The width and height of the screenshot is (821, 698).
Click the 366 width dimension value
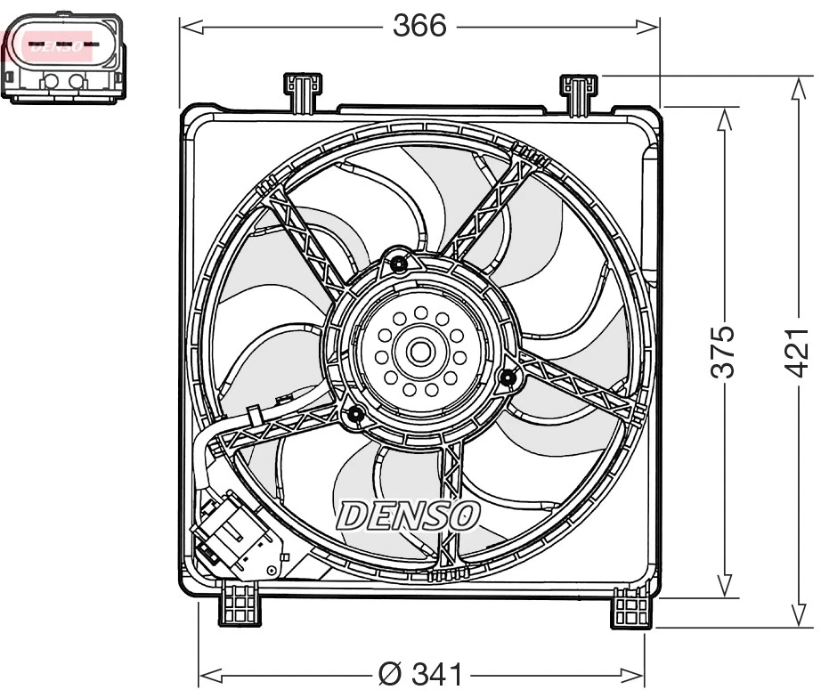(419, 26)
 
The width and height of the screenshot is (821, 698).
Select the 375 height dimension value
(726, 351)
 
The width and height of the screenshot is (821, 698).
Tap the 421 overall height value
(799, 351)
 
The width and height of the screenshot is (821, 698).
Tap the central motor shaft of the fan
(419, 352)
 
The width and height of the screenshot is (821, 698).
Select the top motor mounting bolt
(398, 264)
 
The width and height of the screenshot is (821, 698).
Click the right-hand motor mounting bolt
(508, 378)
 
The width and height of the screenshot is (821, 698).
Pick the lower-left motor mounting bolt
(354, 414)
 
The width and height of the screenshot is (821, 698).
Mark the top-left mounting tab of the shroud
(302, 92)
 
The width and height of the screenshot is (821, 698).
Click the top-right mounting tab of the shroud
(577, 93)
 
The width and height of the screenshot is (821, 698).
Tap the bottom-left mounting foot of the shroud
(240, 605)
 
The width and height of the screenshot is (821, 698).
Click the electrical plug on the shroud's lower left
(233, 534)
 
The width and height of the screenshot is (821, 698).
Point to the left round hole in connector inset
(50, 82)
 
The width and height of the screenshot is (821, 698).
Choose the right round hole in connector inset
(77, 82)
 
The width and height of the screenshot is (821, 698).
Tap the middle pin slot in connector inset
(63, 43)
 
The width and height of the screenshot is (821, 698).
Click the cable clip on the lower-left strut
(255, 415)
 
